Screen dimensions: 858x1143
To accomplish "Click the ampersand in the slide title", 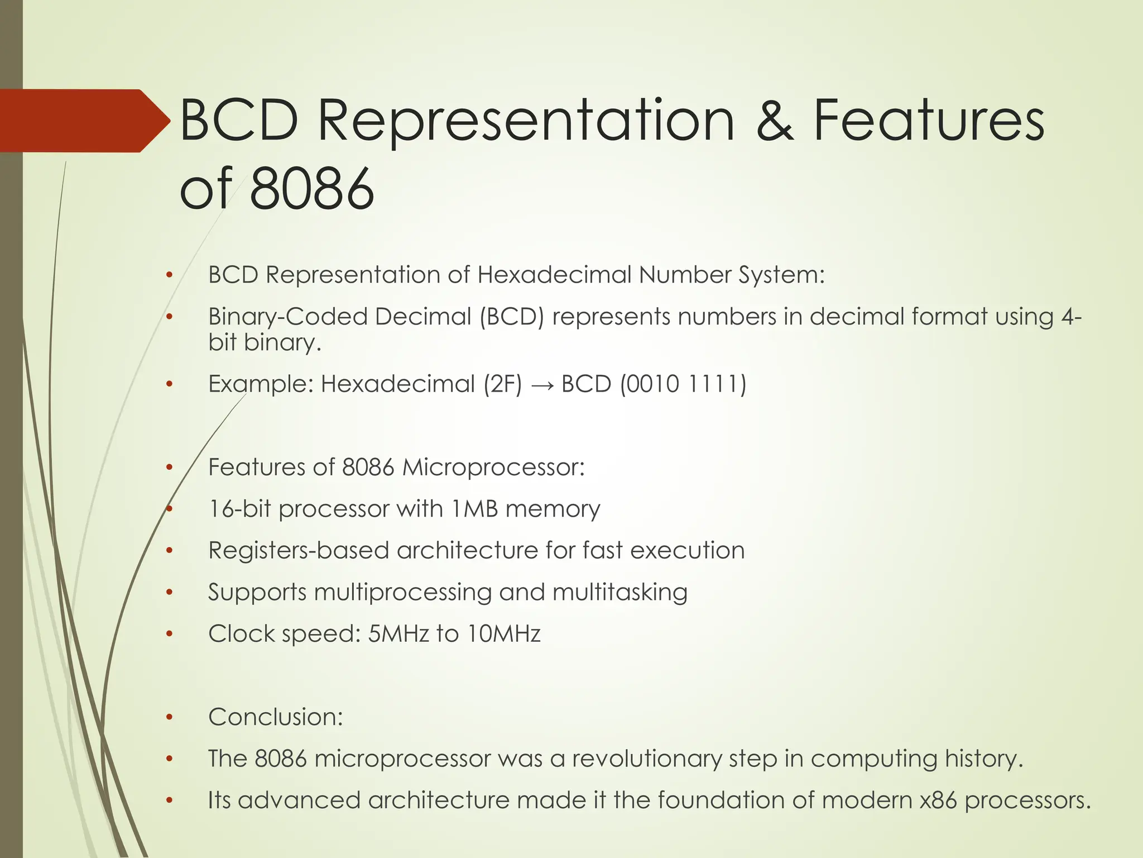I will click(774, 121).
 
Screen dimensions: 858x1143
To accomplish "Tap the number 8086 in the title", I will click(311, 188).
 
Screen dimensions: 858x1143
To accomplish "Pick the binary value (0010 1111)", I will click(683, 384).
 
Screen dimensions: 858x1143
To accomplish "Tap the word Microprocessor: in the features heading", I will click(493, 468).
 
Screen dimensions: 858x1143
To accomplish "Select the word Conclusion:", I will click(275, 717).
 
